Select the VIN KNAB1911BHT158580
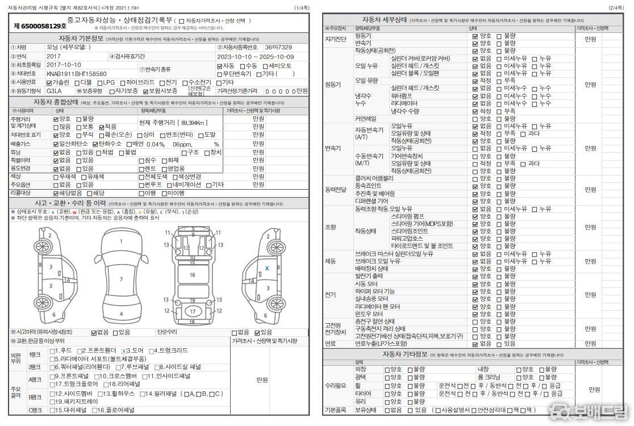click(x=77, y=73)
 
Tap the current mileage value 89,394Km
click(x=183, y=123)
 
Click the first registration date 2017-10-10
click(x=64, y=65)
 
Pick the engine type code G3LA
click(x=55, y=91)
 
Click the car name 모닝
click(x=55, y=47)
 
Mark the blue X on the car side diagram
click(x=267, y=268)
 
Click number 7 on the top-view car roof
click(x=121, y=279)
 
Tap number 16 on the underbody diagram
click(x=192, y=274)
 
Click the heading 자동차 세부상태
click(x=385, y=20)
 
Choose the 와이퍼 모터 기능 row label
click(x=374, y=291)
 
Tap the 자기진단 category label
click(x=335, y=39)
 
